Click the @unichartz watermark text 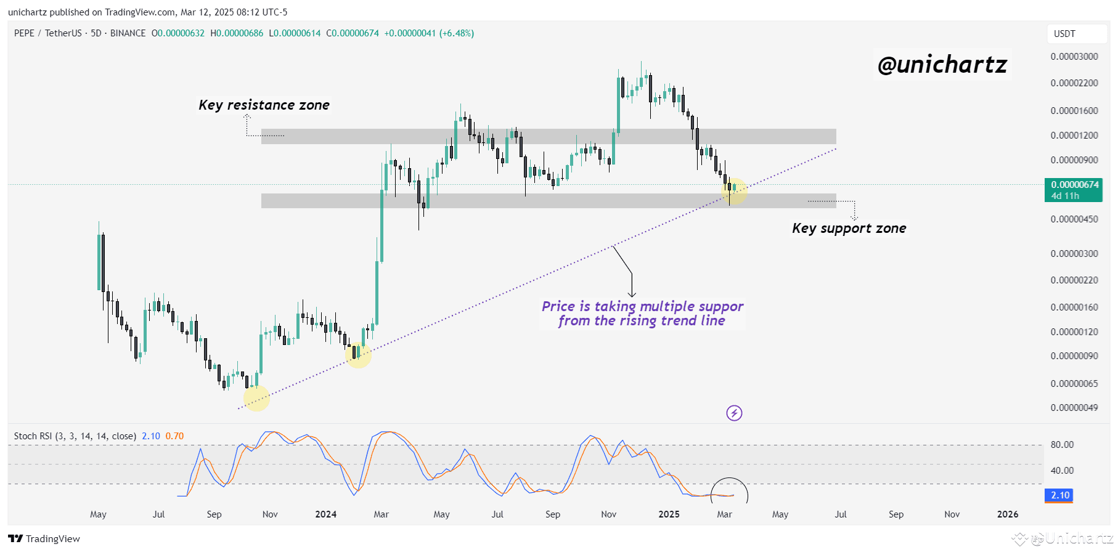click(x=942, y=65)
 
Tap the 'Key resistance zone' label click(x=264, y=105)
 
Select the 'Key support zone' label click(x=849, y=229)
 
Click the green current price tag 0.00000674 click(x=1074, y=185)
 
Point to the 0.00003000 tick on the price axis click(x=1074, y=57)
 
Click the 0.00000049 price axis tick click(x=1074, y=408)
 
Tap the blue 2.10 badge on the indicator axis click(x=1059, y=495)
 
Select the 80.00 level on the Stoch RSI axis click(x=1061, y=445)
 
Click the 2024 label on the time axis click(x=325, y=514)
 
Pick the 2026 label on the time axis click(x=1007, y=514)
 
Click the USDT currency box click(x=1064, y=34)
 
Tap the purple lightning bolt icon click(x=733, y=413)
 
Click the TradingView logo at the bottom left click(x=44, y=538)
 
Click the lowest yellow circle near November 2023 click(x=256, y=398)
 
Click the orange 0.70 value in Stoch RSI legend click(x=174, y=436)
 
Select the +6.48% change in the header click(x=456, y=33)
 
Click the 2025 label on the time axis click(x=669, y=514)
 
